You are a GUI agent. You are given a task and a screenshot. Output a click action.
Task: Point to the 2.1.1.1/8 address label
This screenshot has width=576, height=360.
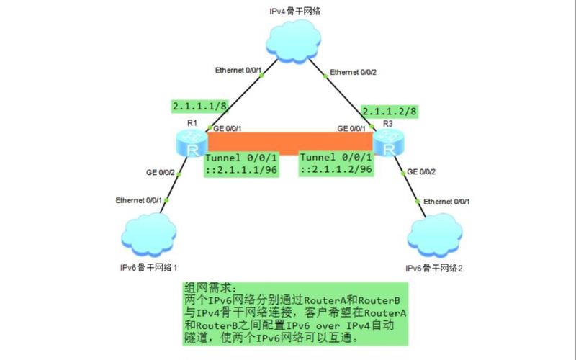(200, 106)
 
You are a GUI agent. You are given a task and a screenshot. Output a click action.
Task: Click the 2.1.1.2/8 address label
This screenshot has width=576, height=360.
(390, 112)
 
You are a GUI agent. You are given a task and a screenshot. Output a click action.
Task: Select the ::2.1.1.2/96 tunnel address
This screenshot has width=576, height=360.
(336, 169)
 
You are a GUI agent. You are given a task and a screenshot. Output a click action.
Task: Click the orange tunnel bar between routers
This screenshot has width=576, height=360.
(288, 142)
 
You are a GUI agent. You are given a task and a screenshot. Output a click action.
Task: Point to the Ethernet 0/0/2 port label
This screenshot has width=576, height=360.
(353, 72)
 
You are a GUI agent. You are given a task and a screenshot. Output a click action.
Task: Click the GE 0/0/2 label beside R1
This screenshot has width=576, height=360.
(161, 173)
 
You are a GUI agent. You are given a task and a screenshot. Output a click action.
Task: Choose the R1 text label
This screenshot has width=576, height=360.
(192, 122)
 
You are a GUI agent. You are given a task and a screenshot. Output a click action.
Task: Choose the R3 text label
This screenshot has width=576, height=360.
(388, 123)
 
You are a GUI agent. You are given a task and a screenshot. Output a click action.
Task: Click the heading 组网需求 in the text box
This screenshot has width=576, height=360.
(210, 286)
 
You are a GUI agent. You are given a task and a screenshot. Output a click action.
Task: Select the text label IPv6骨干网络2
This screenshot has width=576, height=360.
(434, 268)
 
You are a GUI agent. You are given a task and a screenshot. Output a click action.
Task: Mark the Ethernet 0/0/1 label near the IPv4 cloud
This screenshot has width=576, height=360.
(238, 70)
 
